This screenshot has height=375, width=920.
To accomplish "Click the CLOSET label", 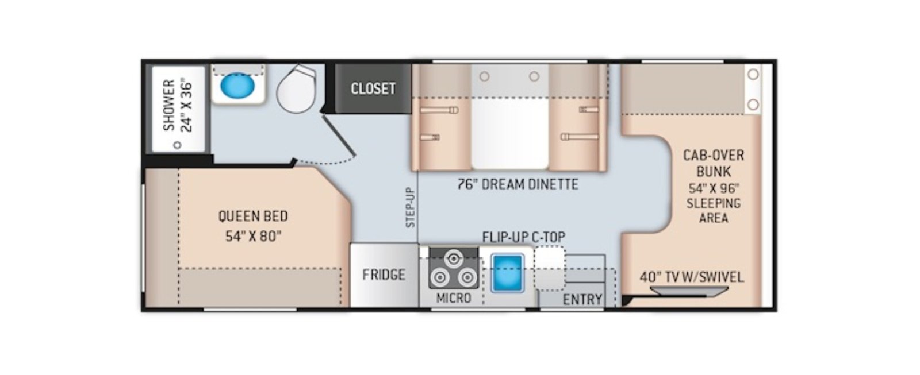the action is pyautogui.click(x=373, y=88).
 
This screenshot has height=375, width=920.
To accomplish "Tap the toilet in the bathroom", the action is pyautogui.click(x=297, y=89).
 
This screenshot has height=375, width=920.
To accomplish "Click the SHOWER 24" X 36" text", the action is pyautogui.click(x=178, y=106).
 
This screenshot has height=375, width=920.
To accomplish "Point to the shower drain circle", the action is pyautogui.click(x=178, y=145).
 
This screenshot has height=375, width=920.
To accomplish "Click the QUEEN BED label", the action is pyautogui.click(x=253, y=217).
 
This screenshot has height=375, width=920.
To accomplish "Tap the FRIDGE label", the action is pyautogui.click(x=384, y=275).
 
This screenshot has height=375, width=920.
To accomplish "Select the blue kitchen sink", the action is pyautogui.click(x=507, y=273).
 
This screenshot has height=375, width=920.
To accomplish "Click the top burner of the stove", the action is pyautogui.click(x=454, y=259).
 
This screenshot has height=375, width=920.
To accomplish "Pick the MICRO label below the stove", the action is pyautogui.click(x=454, y=298).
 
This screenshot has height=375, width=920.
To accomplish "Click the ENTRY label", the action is pyautogui.click(x=582, y=300).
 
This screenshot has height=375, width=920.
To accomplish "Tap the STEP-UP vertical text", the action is pyautogui.click(x=411, y=207).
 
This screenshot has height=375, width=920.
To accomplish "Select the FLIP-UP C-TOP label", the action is pyautogui.click(x=524, y=237).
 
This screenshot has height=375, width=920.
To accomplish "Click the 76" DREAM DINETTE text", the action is pyautogui.click(x=518, y=184).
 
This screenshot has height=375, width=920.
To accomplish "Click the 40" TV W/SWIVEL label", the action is pyautogui.click(x=692, y=277).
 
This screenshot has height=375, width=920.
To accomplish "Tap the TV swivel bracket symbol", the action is pyautogui.click(x=689, y=292).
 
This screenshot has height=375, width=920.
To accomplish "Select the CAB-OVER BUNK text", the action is pyautogui.click(x=714, y=163).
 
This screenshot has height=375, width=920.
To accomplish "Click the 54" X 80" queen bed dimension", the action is pyautogui.click(x=254, y=237).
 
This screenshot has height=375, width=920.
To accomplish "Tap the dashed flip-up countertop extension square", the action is pyautogui.click(x=550, y=268).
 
